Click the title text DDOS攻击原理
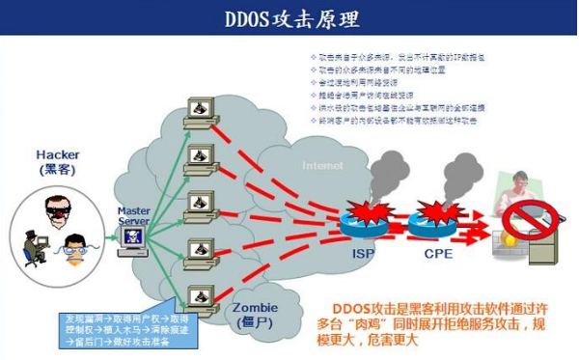[289, 18]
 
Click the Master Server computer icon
[132, 240]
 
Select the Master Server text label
[133, 214]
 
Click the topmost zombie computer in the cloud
[200, 108]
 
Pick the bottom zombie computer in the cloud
[200, 295]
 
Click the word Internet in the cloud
[321, 165]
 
